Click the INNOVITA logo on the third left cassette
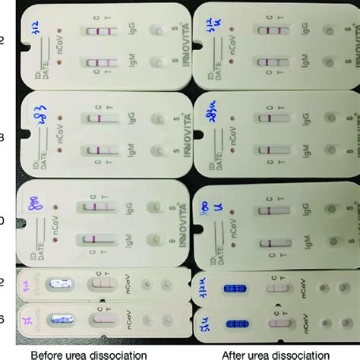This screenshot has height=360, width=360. [178, 220]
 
